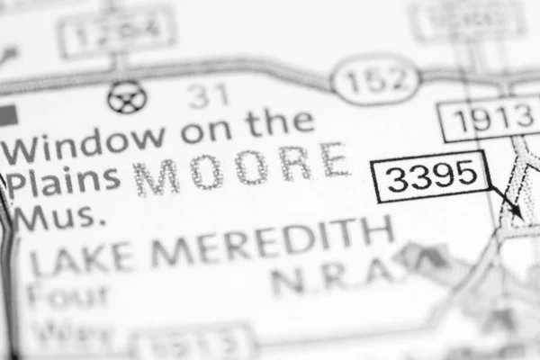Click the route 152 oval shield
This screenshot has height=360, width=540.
pyautogui.click(x=376, y=82)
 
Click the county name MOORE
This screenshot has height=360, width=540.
pyautogui.click(x=242, y=168)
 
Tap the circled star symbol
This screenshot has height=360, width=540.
pyautogui.click(x=125, y=96)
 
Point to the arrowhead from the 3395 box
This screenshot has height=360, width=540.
pyautogui.click(x=517, y=211)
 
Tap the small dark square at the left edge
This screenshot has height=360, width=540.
pyautogui.click(x=8, y=114)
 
